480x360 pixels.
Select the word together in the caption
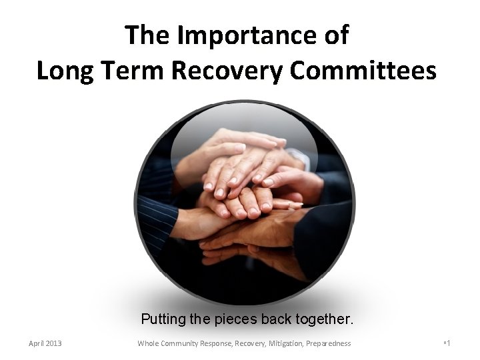[x=321, y=319]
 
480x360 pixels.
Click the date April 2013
[x=45, y=343]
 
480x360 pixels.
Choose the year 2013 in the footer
[x=53, y=343]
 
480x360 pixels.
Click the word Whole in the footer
[x=148, y=343]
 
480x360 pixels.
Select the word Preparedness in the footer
[x=330, y=343]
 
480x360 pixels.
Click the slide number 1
[x=449, y=343]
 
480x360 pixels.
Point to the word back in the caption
[x=275, y=319]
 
